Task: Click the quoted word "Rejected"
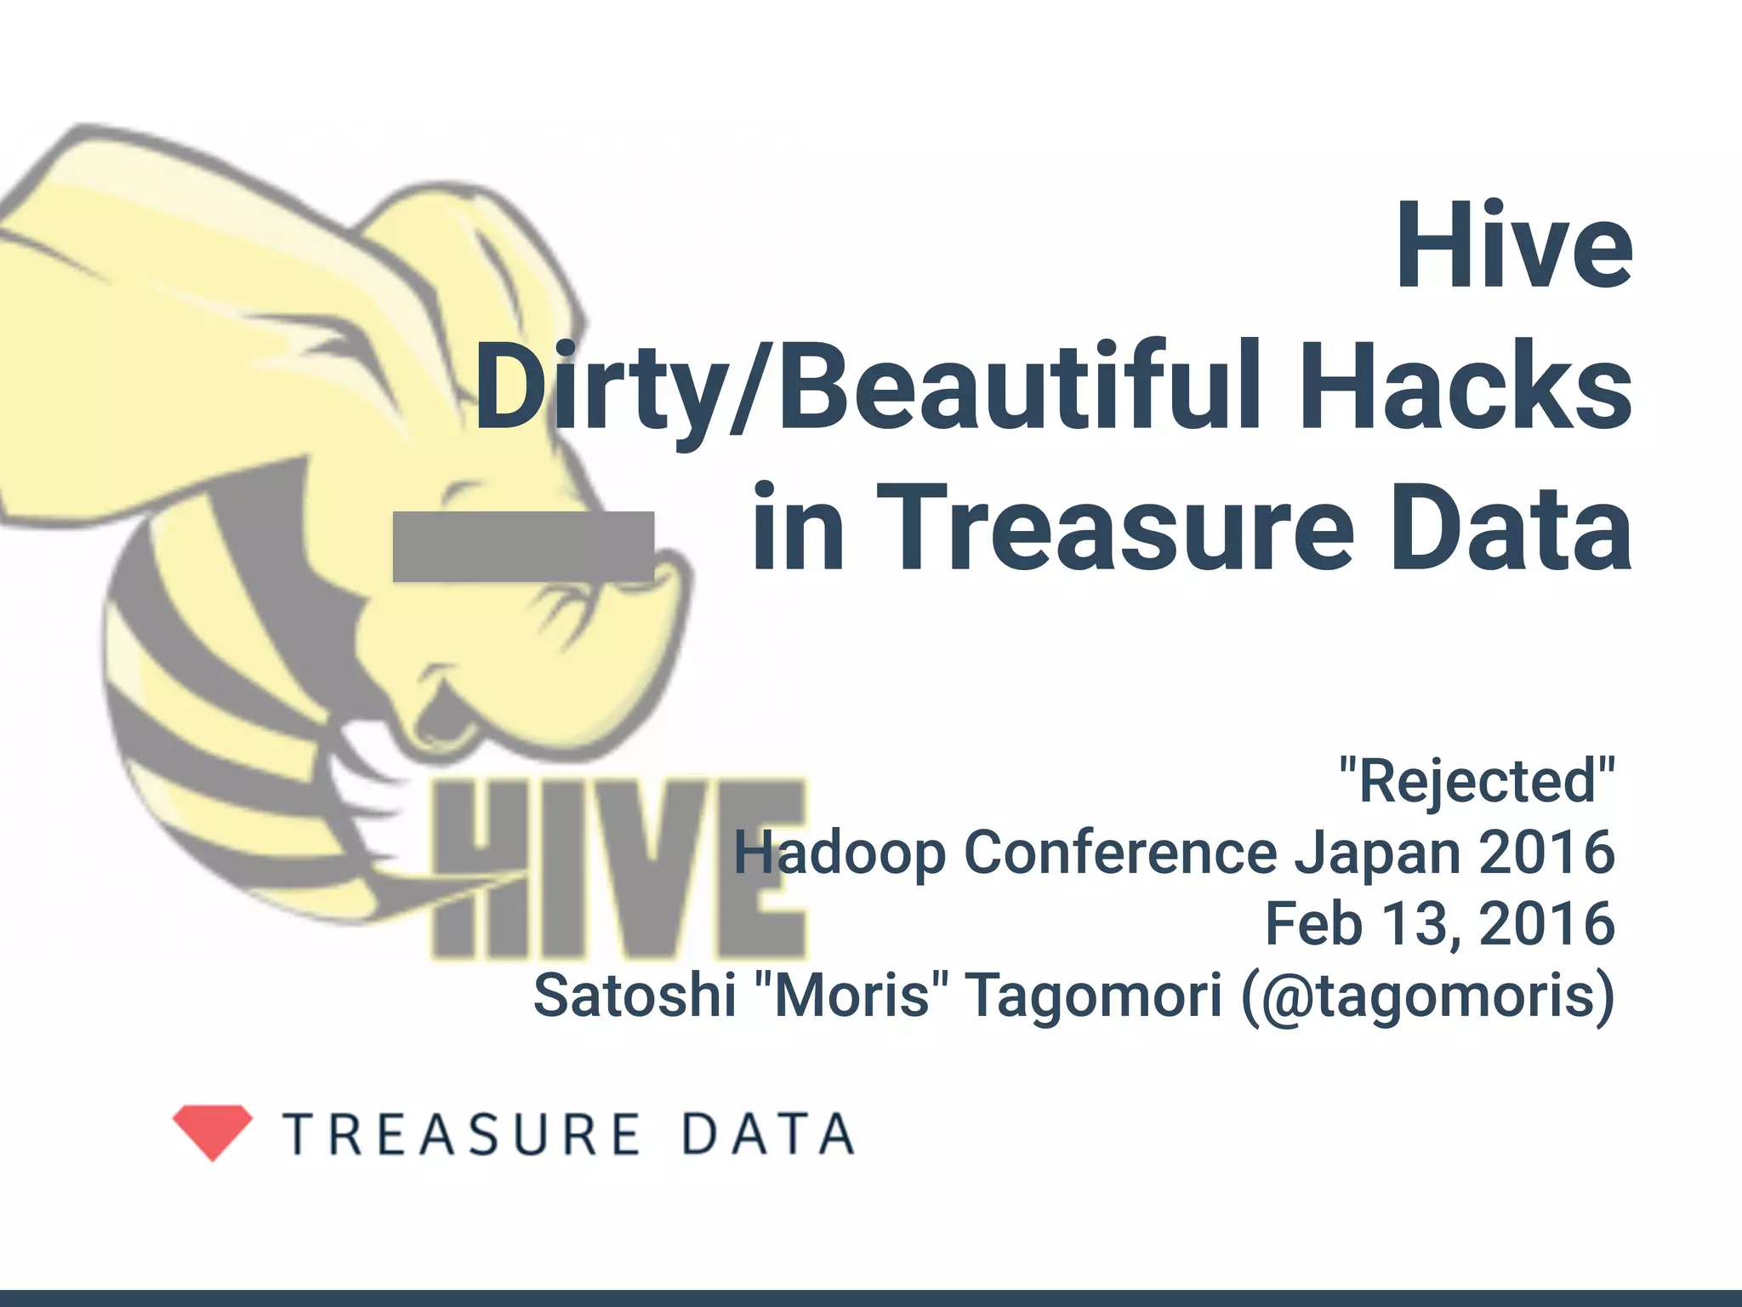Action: (1477, 781)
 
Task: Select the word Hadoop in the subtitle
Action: (840, 853)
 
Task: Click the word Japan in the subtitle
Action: (1378, 854)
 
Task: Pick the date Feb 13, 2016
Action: (1439, 924)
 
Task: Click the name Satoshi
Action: (635, 996)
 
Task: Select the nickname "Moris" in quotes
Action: (851, 996)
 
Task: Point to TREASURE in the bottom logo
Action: (462, 1134)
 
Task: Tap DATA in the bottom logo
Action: (768, 1134)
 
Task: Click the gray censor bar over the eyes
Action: (523, 546)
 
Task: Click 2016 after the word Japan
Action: (1546, 853)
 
